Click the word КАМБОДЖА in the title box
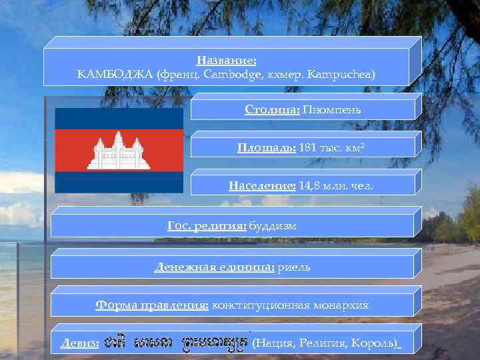[x=115, y=75]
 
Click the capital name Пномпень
[x=331, y=109]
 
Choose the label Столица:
[x=272, y=109]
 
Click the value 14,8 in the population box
[x=311, y=186]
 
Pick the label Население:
[x=262, y=186]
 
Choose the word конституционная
[x=260, y=305]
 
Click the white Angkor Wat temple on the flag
[x=119, y=150]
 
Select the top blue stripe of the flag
[x=119, y=118]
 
